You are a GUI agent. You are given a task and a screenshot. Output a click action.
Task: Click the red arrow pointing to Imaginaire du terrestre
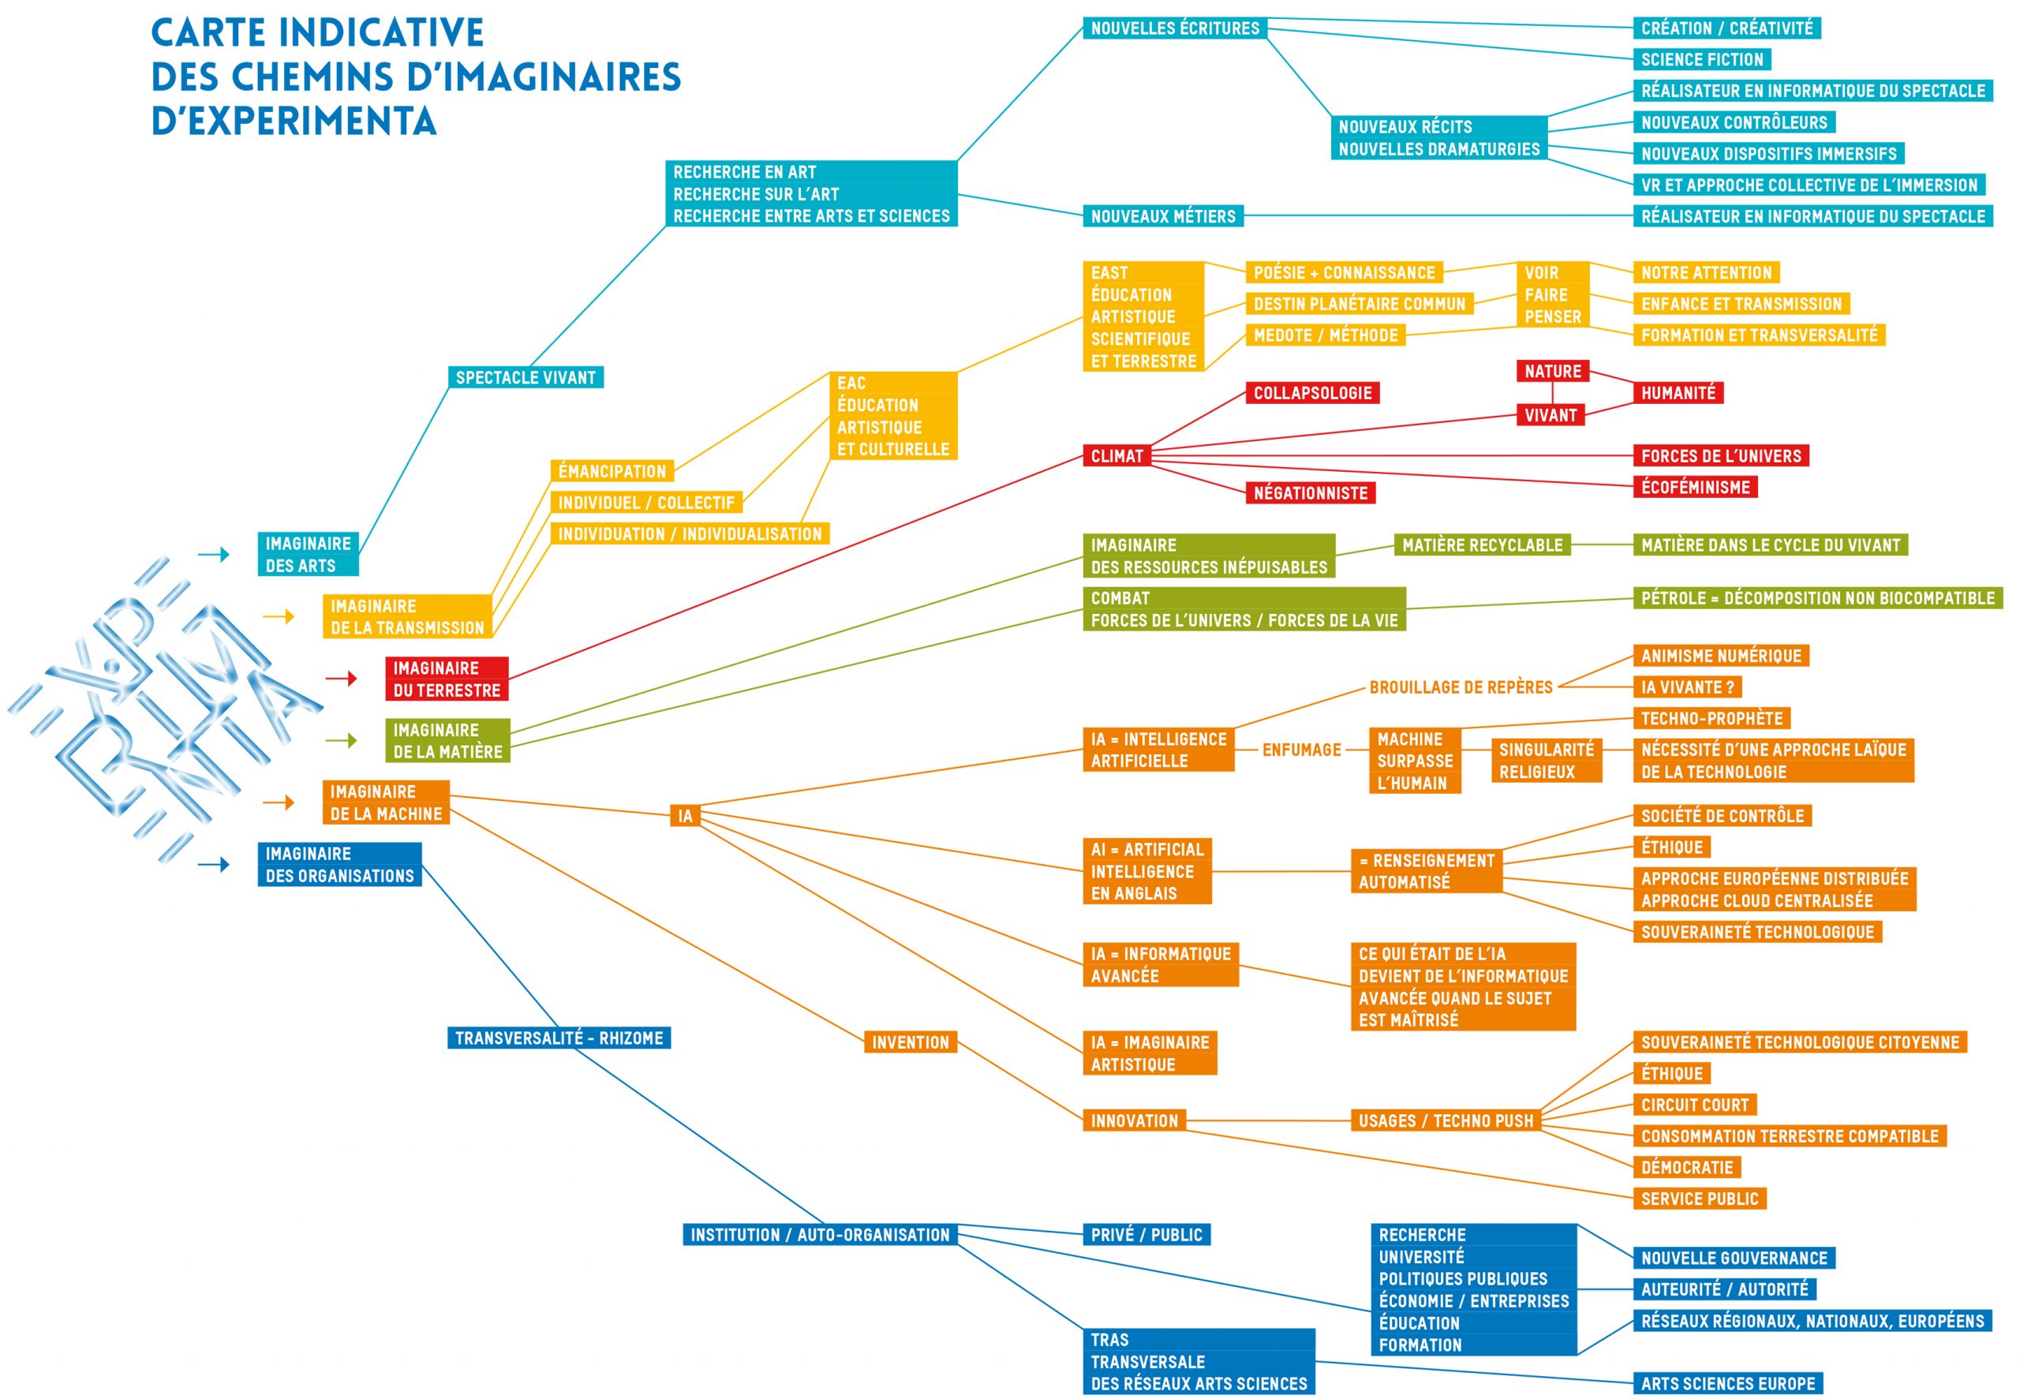coord(341,679)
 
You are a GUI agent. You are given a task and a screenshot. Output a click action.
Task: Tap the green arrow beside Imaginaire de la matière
coord(341,741)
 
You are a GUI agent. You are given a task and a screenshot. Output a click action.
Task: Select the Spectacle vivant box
coord(526,378)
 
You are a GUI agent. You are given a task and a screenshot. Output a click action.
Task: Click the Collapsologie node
coord(1312,393)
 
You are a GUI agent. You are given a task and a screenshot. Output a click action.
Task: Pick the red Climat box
coord(1117,456)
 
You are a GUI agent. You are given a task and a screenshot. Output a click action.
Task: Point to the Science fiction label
coord(1702,60)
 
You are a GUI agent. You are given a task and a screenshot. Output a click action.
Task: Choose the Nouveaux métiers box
coord(1163,215)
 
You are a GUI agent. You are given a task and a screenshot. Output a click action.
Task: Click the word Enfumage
coord(1301,750)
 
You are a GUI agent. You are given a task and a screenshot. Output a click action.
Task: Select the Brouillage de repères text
coord(1461,687)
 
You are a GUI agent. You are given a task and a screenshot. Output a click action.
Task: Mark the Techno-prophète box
coord(1711,719)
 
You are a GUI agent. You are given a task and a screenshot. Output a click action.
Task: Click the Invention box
coord(911,1042)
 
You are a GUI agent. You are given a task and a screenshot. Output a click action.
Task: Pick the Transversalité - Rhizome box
coord(559,1038)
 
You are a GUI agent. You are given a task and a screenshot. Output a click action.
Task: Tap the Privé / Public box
coord(1147,1235)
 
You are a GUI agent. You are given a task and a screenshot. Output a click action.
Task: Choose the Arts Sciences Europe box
coord(1728,1384)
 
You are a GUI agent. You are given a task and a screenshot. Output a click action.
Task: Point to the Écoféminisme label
coord(1695,488)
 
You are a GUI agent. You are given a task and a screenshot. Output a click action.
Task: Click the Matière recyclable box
coord(1482,545)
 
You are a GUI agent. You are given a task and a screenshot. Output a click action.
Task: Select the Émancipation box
coord(612,472)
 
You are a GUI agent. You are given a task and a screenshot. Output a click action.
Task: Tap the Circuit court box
coord(1695,1105)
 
